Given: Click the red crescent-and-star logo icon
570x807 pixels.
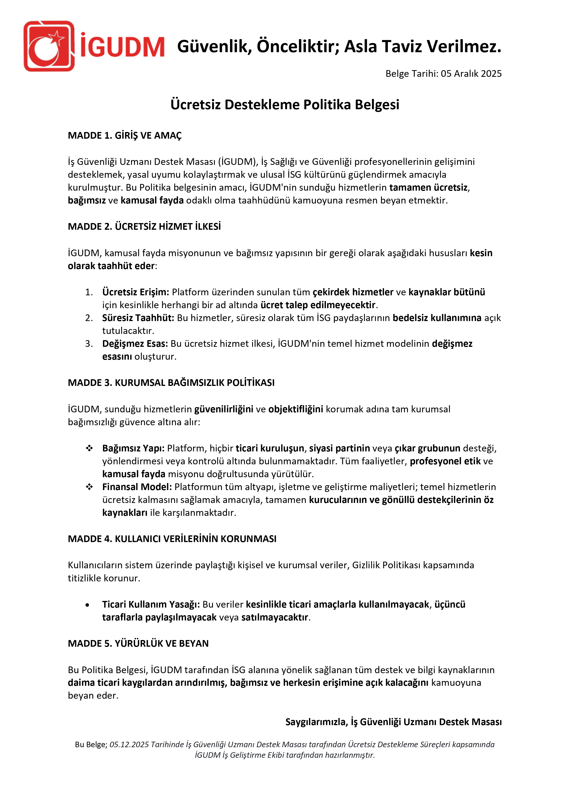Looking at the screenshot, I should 49,46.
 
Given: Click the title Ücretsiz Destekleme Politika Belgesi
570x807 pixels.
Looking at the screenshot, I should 285,105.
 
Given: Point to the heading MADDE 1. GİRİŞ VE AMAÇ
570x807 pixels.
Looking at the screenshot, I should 125,136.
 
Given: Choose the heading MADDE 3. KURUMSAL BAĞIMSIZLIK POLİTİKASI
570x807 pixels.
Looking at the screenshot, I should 171,383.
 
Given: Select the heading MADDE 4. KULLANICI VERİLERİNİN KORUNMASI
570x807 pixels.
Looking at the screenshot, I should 172,539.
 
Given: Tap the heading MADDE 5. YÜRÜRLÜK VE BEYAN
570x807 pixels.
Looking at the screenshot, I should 138,643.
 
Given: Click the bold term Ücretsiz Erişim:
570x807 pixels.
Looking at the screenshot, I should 136,292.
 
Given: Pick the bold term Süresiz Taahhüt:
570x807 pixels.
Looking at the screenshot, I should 138,318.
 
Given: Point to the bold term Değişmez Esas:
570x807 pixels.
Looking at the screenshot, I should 135,344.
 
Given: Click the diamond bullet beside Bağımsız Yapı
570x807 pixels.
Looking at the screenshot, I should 89,448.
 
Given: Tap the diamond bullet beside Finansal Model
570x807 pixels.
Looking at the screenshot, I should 89,487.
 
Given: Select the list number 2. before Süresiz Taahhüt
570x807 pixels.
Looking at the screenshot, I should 89,318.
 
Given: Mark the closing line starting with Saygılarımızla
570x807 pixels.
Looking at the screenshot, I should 393,722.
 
